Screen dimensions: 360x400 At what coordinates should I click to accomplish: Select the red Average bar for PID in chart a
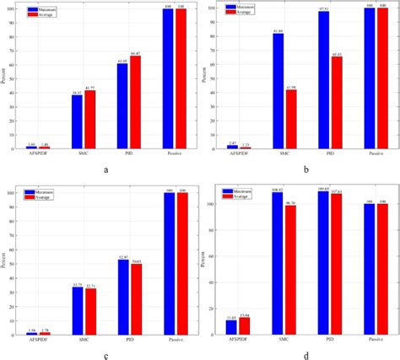[x=135, y=102]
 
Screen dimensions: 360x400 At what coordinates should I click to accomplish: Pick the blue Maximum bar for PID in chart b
[x=323, y=80]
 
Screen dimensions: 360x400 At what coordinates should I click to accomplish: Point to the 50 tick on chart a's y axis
[x=21, y=78]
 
